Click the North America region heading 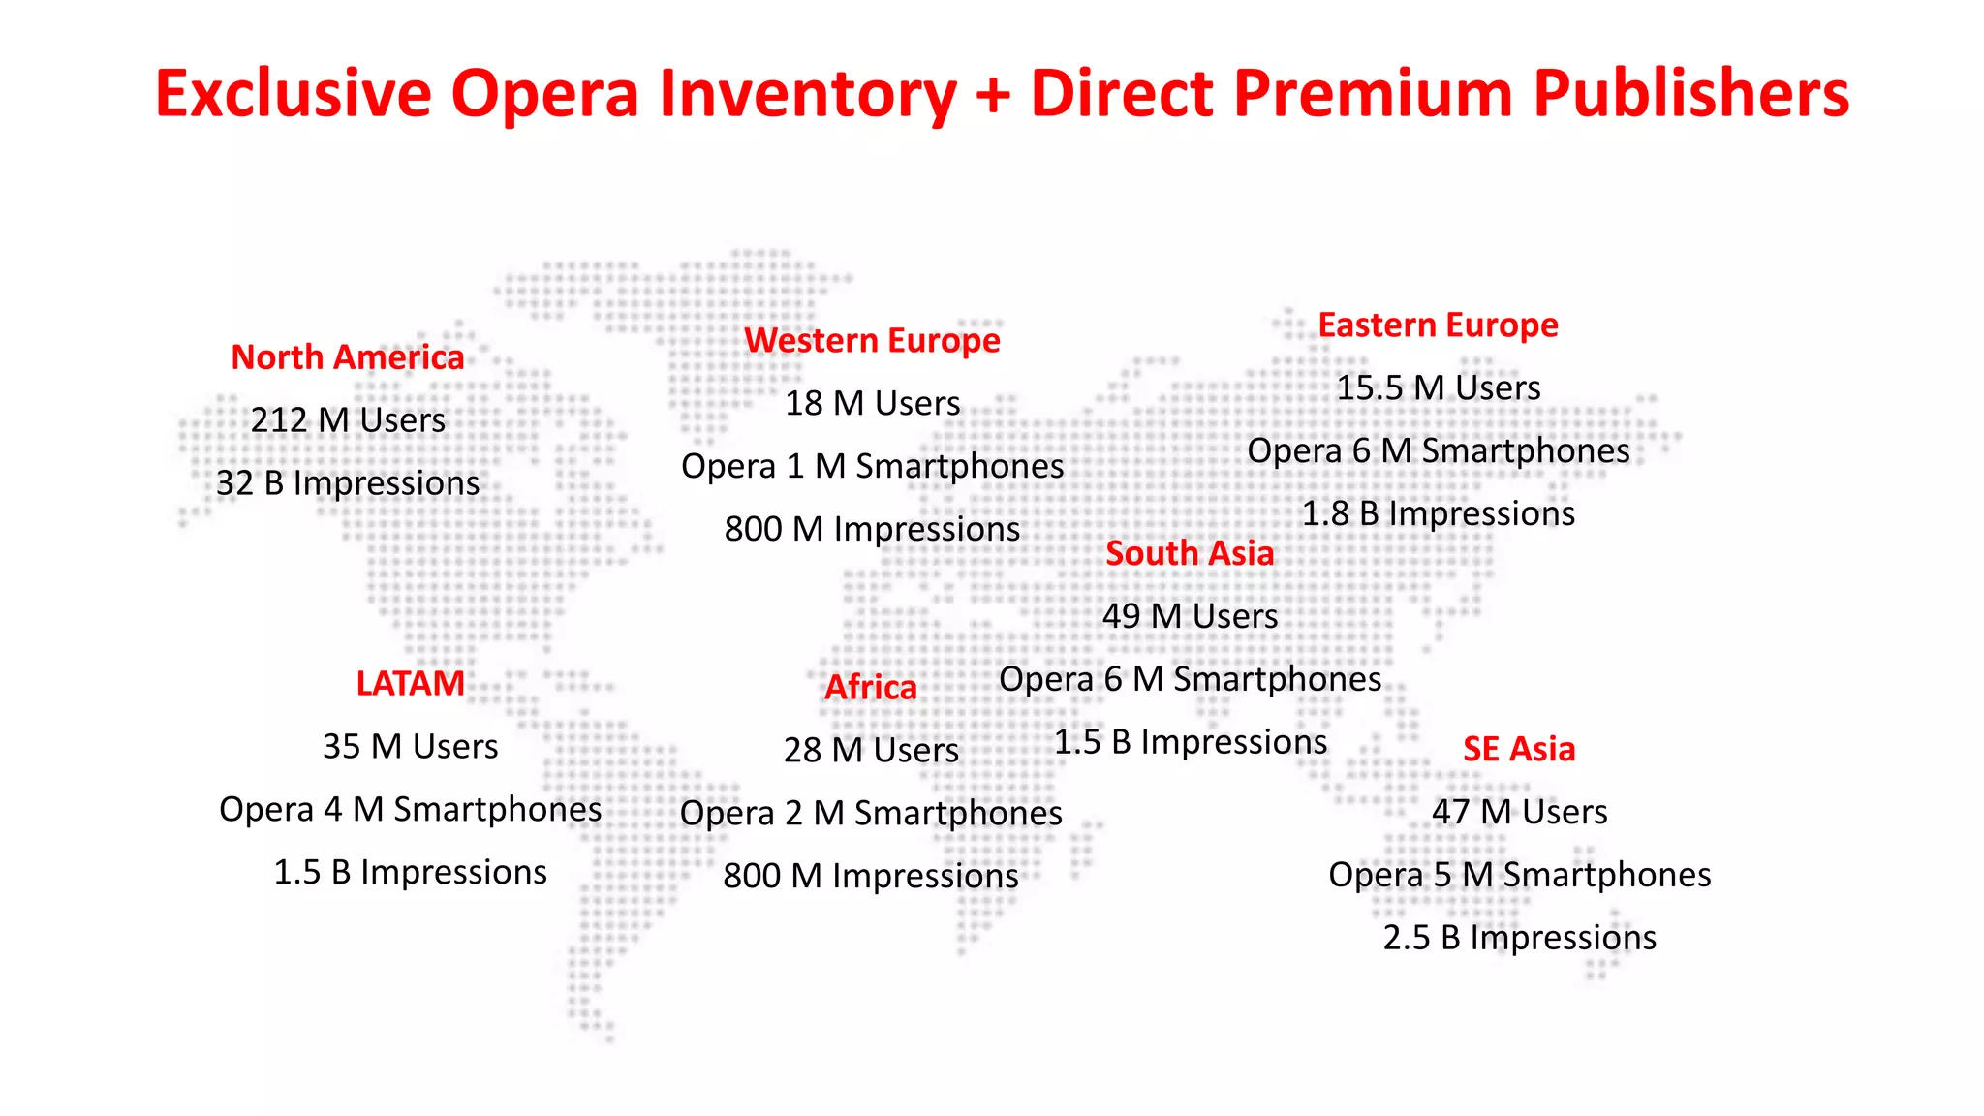pyautogui.click(x=347, y=357)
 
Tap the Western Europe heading pyautogui.click(x=872, y=341)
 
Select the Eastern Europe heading pyautogui.click(x=1438, y=325)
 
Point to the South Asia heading pyautogui.click(x=1190, y=553)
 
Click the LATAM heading pyautogui.click(x=410, y=684)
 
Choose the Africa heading pyautogui.click(x=870, y=688)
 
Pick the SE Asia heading pyautogui.click(x=1518, y=749)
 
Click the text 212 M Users pyautogui.click(x=348, y=420)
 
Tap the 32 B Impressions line pyautogui.click(x=348, y=483)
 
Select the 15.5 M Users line pyautogui.click(x=1438, y=388)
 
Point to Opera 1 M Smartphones pyautogui.click(x=872, y=467)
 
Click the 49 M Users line pyautogui.click(x=1190, y=616)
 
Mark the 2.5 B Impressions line pyautogui.click(x=1519, y=938)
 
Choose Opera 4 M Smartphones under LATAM pyautogui.click(x=410, y=810)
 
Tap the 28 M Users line pyautogui.click(x=871, y=750)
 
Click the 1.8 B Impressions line pyautogui.click(x=1438, y=513)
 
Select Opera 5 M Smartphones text pyautogui.click(x=1519, y=875)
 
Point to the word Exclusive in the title pyautogui.click(x=293, y=94)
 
